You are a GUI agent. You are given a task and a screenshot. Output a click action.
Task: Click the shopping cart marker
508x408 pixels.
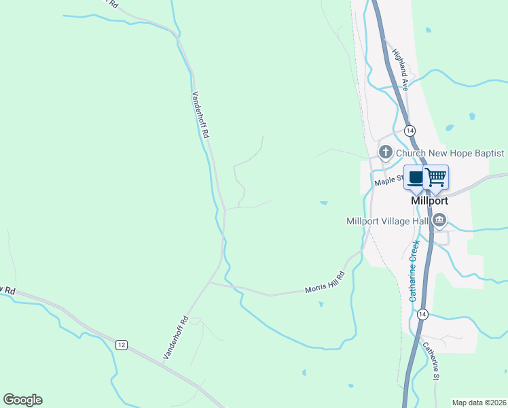(436, 177)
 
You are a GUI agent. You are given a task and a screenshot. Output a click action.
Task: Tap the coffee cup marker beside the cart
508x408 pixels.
(416, 177)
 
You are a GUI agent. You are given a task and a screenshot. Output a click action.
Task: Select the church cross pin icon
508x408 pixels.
(386, 152)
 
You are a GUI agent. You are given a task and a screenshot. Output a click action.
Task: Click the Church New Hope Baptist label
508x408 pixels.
(450, 153)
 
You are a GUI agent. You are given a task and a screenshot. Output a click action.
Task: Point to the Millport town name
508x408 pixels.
(430, 201)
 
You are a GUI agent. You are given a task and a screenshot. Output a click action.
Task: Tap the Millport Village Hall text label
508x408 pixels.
(387, 221)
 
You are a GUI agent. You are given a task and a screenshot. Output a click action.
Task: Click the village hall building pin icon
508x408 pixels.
(439, 220)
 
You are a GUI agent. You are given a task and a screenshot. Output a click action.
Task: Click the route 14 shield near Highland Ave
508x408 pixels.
(409, 130)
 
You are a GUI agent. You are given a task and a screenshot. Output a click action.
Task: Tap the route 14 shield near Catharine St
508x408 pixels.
(422, 313)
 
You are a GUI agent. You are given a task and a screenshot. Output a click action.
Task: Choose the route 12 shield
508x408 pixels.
(121, 345)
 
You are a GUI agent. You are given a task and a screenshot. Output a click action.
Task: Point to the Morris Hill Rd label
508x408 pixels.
(325, 282)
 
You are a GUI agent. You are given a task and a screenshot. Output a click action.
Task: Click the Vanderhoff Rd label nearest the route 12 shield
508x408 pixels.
(175, 337)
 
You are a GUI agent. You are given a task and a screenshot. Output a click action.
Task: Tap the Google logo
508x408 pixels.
(22, 400)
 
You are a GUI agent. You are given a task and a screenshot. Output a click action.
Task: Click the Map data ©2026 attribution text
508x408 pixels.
(479, 403)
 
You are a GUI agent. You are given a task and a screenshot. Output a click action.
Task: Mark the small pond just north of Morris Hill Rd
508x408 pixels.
(323, 202)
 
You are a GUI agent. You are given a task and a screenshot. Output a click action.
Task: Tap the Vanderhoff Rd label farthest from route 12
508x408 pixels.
(199, 115)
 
